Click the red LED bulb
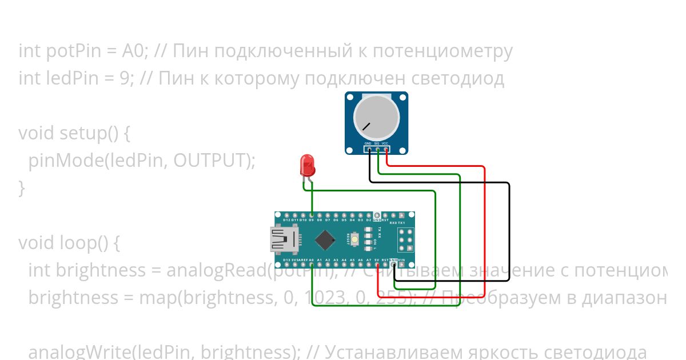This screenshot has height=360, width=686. click(308, 165)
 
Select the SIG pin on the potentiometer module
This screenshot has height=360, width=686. click(378, 151)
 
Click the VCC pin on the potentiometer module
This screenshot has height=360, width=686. click(386, 151)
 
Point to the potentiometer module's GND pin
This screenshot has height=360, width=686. click(369, 151)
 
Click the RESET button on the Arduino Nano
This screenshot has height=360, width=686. click(355, 238)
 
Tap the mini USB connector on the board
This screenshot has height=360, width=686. click(284, 239)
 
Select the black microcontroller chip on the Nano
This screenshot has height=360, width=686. click(325, 239)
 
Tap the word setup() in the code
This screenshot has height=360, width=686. click(91, 133)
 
